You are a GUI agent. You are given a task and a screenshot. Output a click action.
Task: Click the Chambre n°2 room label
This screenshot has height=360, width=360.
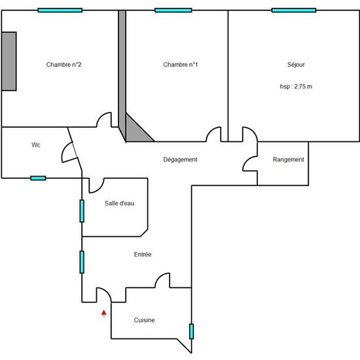click(x=63, y=65)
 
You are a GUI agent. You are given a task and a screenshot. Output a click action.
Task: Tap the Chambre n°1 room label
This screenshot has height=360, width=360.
click(x=180, y=65)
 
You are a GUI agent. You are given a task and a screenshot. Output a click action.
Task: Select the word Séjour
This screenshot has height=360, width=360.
click(x=296, y=65)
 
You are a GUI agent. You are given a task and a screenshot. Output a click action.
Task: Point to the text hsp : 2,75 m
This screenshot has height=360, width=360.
click(x=296, y=86)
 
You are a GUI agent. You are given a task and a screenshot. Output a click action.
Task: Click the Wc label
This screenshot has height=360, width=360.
click(x=36, y=145)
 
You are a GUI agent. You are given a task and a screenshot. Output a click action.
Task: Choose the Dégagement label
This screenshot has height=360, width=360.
click(x=180, y=159)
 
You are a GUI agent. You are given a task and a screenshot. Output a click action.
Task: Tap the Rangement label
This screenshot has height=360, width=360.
click(x=289, y=159)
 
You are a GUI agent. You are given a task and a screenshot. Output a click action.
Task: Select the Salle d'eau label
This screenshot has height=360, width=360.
click(x=119, y=203)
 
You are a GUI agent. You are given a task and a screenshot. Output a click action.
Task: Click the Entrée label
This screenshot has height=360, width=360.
click(x=143, y=254)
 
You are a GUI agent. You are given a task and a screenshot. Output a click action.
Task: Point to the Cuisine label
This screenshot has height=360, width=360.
click(x=144, y=320)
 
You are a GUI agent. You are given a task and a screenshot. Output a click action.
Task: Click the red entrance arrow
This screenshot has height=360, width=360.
click(x=104, y=313)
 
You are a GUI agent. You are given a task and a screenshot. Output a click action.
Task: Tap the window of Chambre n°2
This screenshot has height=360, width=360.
click(x=60, y=10)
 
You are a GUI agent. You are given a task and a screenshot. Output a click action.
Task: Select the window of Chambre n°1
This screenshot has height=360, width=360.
click(x=173, y=10)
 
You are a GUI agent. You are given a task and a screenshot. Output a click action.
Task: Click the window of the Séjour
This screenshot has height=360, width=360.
click(x=294, y=10)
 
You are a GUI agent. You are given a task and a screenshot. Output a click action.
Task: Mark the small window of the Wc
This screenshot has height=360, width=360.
click(x=38, y=178)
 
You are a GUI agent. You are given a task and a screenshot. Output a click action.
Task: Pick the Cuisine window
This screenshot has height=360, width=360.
click(x=191, y=331)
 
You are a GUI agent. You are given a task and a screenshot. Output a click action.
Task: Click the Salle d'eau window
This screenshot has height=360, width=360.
click(x=82, y=211)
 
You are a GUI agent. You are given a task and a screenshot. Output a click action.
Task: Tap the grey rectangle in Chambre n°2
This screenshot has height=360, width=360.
click(x=9, y=62)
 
